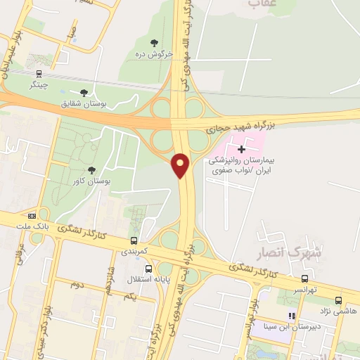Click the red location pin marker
pos(181,165)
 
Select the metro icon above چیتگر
pos(39,72)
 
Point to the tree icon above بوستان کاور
pos(91,169)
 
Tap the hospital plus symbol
pos(242,149)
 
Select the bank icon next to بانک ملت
pos(32,216)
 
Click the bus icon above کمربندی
pos(134,240)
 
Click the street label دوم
pos(77,284)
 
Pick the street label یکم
pos(129,297)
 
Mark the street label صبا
pos(70,34)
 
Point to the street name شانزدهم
pos(109,278)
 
